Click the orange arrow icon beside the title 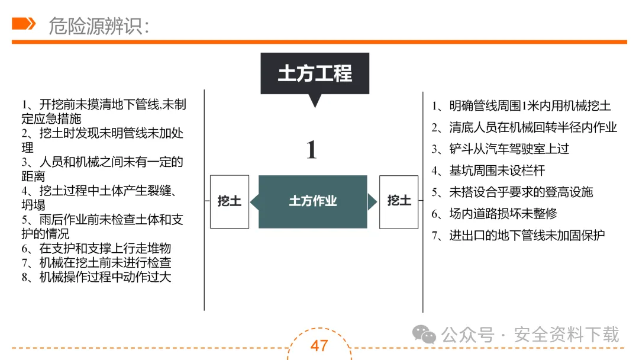24,24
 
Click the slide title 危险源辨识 98,25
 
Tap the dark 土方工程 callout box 315,73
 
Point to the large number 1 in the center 311,150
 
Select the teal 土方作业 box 312,201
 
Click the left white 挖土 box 229,201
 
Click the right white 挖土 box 399,201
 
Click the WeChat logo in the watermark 424,335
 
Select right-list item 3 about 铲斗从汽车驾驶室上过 500,149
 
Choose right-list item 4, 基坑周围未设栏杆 488,171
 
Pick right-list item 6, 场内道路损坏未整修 494,214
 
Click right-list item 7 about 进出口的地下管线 518,235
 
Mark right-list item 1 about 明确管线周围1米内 521,106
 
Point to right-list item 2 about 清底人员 524,127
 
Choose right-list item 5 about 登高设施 512,192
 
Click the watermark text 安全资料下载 566,335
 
